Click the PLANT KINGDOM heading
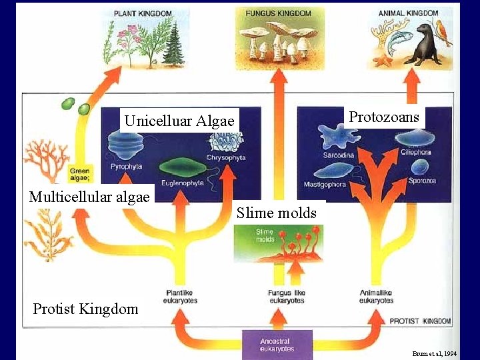coord(143,13)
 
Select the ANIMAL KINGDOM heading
coord(409,13)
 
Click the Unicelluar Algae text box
coord(179,121)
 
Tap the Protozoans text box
coord(384,117)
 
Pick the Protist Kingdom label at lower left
coord(85,309)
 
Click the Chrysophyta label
coord(226,158)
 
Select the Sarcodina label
coord(339,155)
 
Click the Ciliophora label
coord(416,152)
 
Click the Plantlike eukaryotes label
coord(181,297)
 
